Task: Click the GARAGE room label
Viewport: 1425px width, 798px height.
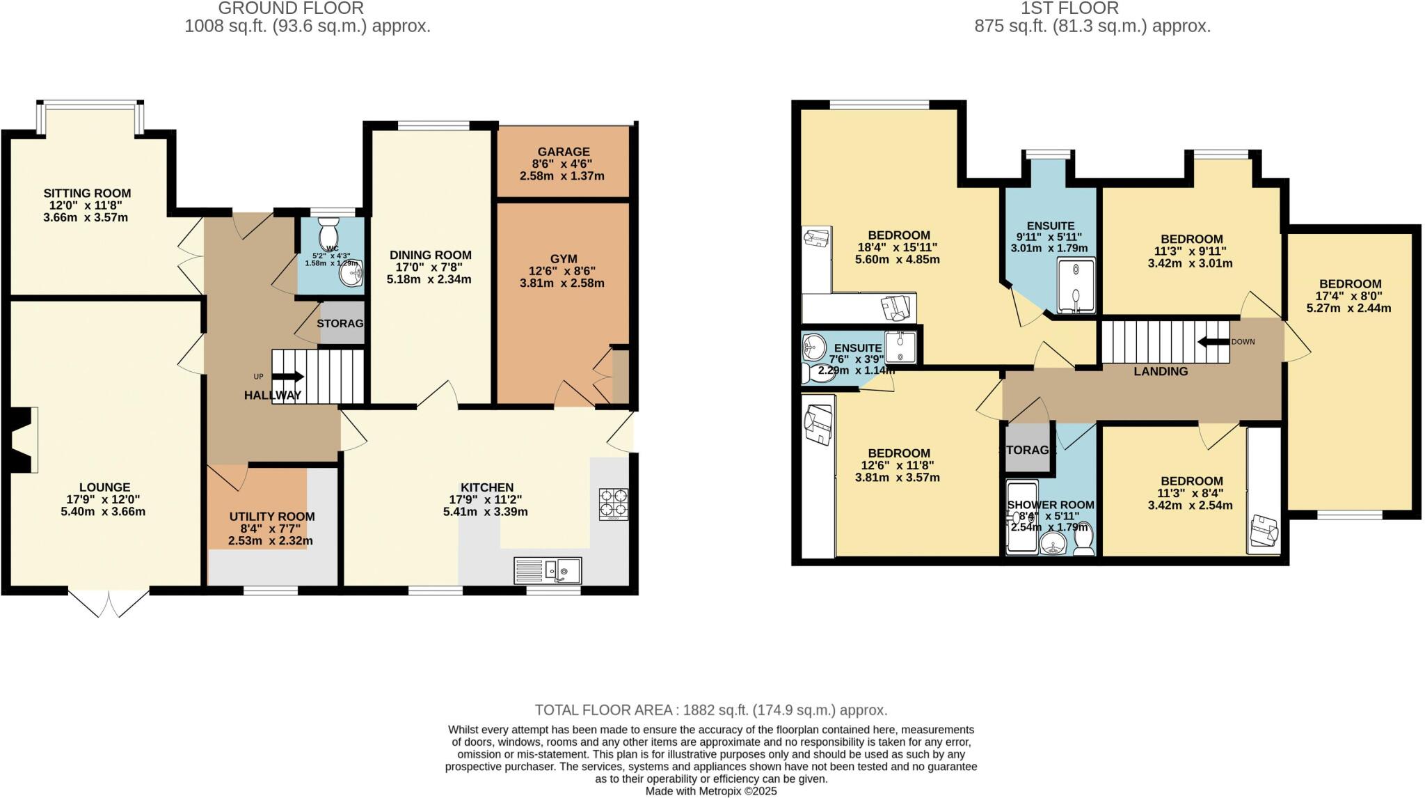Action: (x=563, y=151)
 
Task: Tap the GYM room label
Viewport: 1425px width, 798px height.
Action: (x=563, y=258)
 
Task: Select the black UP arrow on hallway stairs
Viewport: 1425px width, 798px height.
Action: (x=289, y=377)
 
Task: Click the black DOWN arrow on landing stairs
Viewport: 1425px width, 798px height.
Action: (x=1213, y=342)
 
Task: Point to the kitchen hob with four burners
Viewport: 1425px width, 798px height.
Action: (x=614, y=504)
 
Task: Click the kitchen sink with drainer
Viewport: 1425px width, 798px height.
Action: (x=548, y=570)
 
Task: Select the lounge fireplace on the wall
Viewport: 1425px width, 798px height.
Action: (x=22, y=440)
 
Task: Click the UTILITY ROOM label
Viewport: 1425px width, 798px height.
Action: (x=272, y=517)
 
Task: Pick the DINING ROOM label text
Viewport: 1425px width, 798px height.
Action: (x=430, y=255)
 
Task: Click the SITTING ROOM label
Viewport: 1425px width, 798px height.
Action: (x=87, y=193)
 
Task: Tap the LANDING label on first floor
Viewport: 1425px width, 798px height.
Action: (x=1161, y=371)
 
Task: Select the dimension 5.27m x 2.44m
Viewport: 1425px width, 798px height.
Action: (x=1349, y=308)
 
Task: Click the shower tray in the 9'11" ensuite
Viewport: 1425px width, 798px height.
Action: (x=1076, y=285)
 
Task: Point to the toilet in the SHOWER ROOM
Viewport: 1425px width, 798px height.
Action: (x=1083, y=540)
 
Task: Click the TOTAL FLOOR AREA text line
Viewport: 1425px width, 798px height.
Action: (x=710, y=710)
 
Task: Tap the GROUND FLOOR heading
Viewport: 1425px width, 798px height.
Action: (x=290, y=8)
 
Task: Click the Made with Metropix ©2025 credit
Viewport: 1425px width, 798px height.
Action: (x=711, y=791)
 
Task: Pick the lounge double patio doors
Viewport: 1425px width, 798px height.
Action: (x=109, y=603)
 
